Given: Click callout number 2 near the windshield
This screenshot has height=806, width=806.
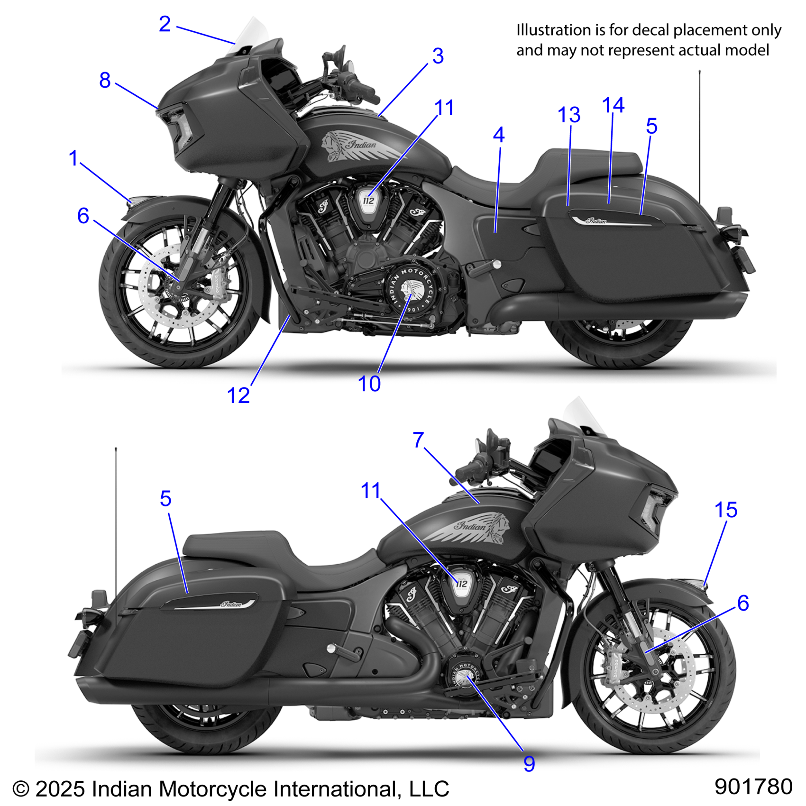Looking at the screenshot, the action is (x=165, y=24).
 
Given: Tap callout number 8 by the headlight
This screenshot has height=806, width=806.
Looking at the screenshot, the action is (x=105, y=80).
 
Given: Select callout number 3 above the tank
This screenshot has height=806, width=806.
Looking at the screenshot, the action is (x=438, y=56).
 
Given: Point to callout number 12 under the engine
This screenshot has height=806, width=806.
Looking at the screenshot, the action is (x=238, y=395).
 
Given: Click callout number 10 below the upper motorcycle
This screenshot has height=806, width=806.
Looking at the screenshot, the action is (x=369, y=384).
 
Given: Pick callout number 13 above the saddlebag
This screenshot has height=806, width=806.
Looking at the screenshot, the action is (x=569, y=115).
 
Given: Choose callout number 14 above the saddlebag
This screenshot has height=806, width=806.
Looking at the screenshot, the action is (x=613, y=105).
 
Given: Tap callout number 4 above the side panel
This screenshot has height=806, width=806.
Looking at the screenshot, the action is (x=498, y=135).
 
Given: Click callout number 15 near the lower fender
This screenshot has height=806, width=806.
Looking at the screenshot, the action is (x=725, y=510).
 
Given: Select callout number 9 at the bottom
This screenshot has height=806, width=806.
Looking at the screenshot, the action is (x=529, y=764).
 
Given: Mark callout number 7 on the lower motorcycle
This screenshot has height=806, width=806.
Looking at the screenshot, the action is (x=418, y=440).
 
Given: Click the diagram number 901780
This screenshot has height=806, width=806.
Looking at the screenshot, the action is (x=753, y=787).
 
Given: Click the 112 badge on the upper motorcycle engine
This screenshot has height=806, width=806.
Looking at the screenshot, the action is (x=368, y=201).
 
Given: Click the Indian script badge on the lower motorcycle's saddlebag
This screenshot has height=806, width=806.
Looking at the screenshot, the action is (x=232, y=604).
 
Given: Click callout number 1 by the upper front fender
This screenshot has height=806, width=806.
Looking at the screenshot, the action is (x=73, y=158).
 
